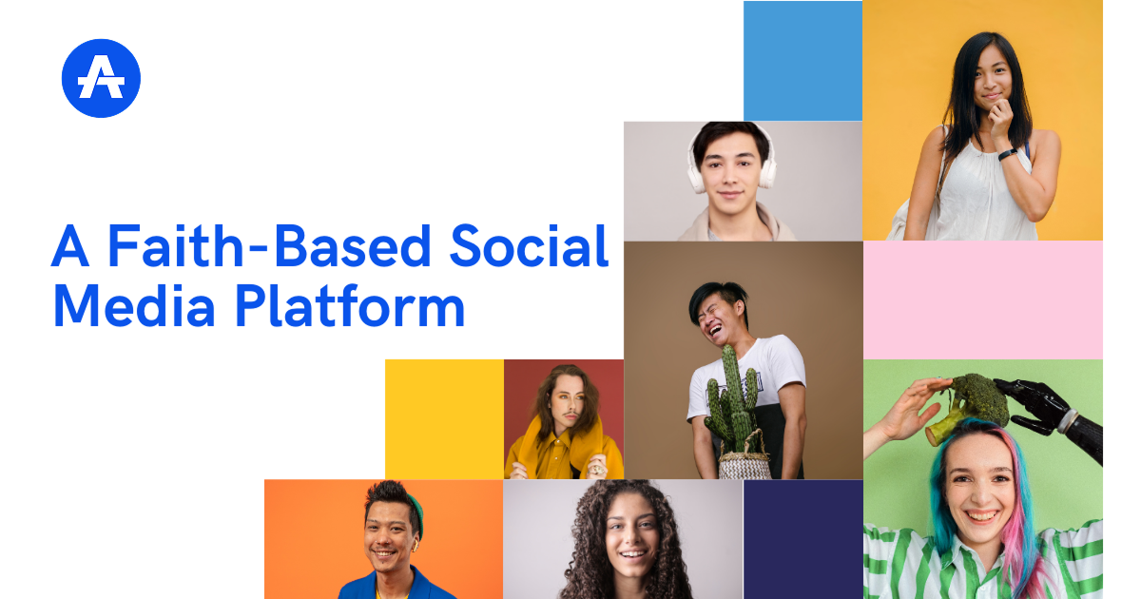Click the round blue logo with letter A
[101, 78]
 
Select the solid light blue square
[803, 61]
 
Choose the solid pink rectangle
[982, 299]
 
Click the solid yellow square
[444, 418]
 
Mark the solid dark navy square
[803, 538]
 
